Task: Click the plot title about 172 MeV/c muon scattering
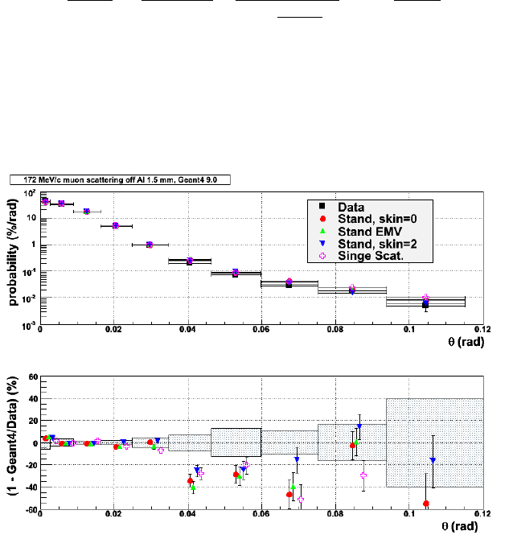tap(121, 181)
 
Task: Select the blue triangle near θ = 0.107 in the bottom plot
tap(433, 460)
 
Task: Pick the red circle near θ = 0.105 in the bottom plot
tap(425, 504)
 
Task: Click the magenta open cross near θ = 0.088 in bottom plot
tap(363, 475)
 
